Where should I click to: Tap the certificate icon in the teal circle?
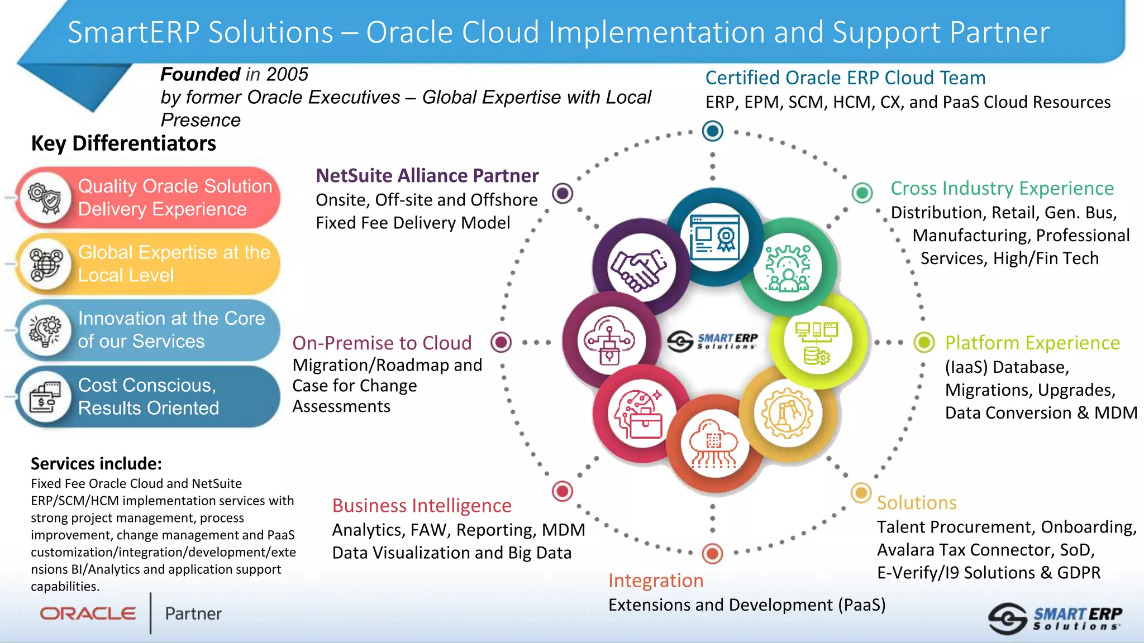(714, 238)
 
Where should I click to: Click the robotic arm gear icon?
(788, 414)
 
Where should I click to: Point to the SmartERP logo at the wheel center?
(713, 340)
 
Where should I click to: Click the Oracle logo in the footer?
(88, 613)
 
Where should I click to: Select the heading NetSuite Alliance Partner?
(427, 176)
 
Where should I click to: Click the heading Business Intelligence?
(422, 506)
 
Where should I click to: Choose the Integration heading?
(655, 580)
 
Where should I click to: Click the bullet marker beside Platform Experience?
(924, 342)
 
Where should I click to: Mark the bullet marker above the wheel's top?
(712, 131)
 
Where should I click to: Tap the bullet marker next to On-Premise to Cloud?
(501, 342)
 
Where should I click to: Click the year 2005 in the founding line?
(287, 74)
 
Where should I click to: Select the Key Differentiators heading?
(123, 143)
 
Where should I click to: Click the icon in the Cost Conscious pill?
(45, 397)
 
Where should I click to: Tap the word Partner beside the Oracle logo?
(193, 614)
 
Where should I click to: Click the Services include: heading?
(96, 464)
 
